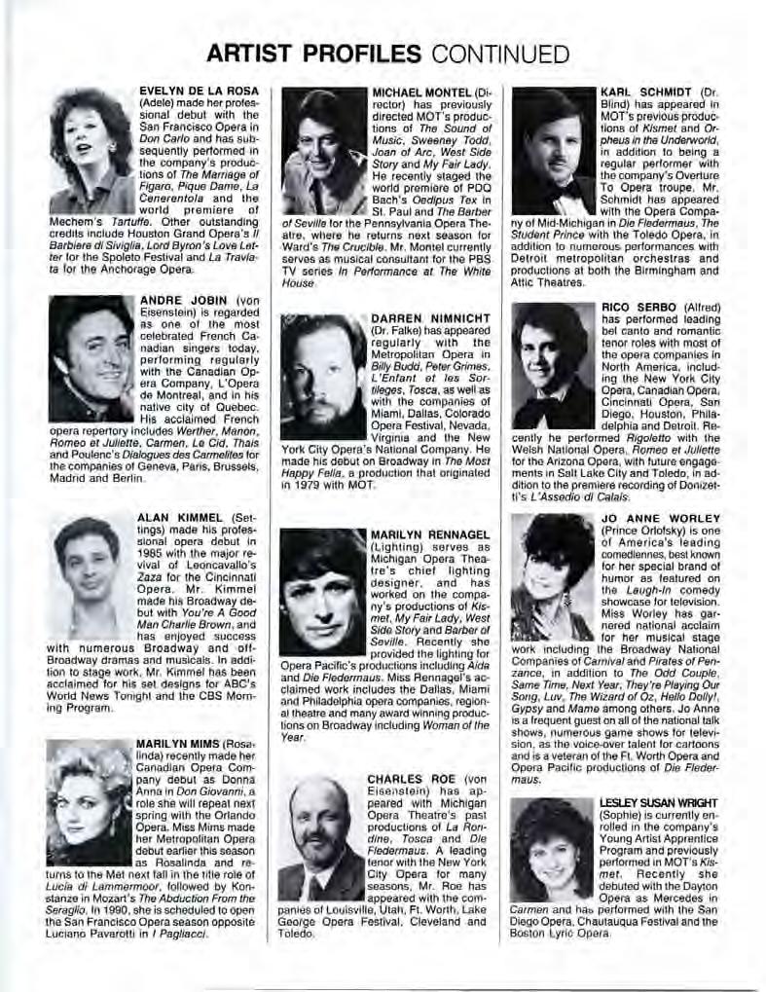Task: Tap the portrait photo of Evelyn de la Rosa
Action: (x=91, y=151)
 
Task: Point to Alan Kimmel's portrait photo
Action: (x=91, y=576)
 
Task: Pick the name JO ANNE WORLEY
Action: (x=661, y=518)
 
